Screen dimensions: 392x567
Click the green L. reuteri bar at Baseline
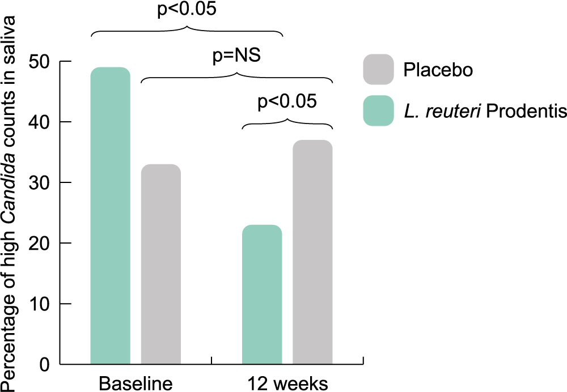(110, 216)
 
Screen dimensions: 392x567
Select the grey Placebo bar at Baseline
(160, 264)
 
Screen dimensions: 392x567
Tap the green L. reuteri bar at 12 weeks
(261, 295)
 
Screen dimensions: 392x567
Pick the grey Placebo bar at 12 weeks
(312, 252)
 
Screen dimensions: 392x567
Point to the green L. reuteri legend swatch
(378, 111)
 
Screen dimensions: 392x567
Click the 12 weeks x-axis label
(287, 382)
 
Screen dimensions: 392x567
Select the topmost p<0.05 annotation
(187, 11)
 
